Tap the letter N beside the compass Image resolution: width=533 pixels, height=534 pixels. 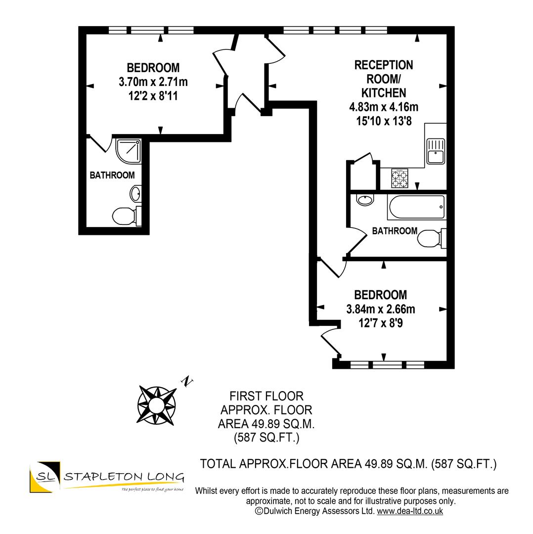pyautogui.click(x=187, y=381)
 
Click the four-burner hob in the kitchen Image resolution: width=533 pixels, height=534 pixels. pyautogui.click(x=400, y=178)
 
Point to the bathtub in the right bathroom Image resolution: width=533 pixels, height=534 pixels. pyautogui.click(x=416, y=207)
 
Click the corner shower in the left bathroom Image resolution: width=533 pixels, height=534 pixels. pyautogui.click(x=129, y=150)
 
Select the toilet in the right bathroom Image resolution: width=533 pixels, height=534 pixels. pyautogui.click(x=430, y=240)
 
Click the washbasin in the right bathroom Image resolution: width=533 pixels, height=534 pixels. pyautogui.click(x=365, y=200)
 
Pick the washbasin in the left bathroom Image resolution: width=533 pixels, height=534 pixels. pyautogui.click(x=136, y=192)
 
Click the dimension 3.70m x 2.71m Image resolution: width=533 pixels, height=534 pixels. pyautogui.click(x=153, y=82)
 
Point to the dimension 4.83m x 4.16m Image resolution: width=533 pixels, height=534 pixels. pyautogui.click(x=383, y=107)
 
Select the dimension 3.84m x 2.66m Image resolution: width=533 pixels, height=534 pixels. pyautogui.click(x=380, y=310)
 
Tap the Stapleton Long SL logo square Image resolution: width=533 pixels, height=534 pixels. pyautogui.click(x=44, y=478)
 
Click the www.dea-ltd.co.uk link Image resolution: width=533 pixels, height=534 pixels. pyautogui.click(x=410, y=511)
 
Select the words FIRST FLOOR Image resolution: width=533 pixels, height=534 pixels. pyautogui.click(x=266, y=396)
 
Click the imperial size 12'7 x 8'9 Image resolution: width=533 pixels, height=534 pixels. pyautogui.click(x=380, y=324)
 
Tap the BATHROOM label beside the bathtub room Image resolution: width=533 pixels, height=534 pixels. pyautogui.click(x=394, y=231)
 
